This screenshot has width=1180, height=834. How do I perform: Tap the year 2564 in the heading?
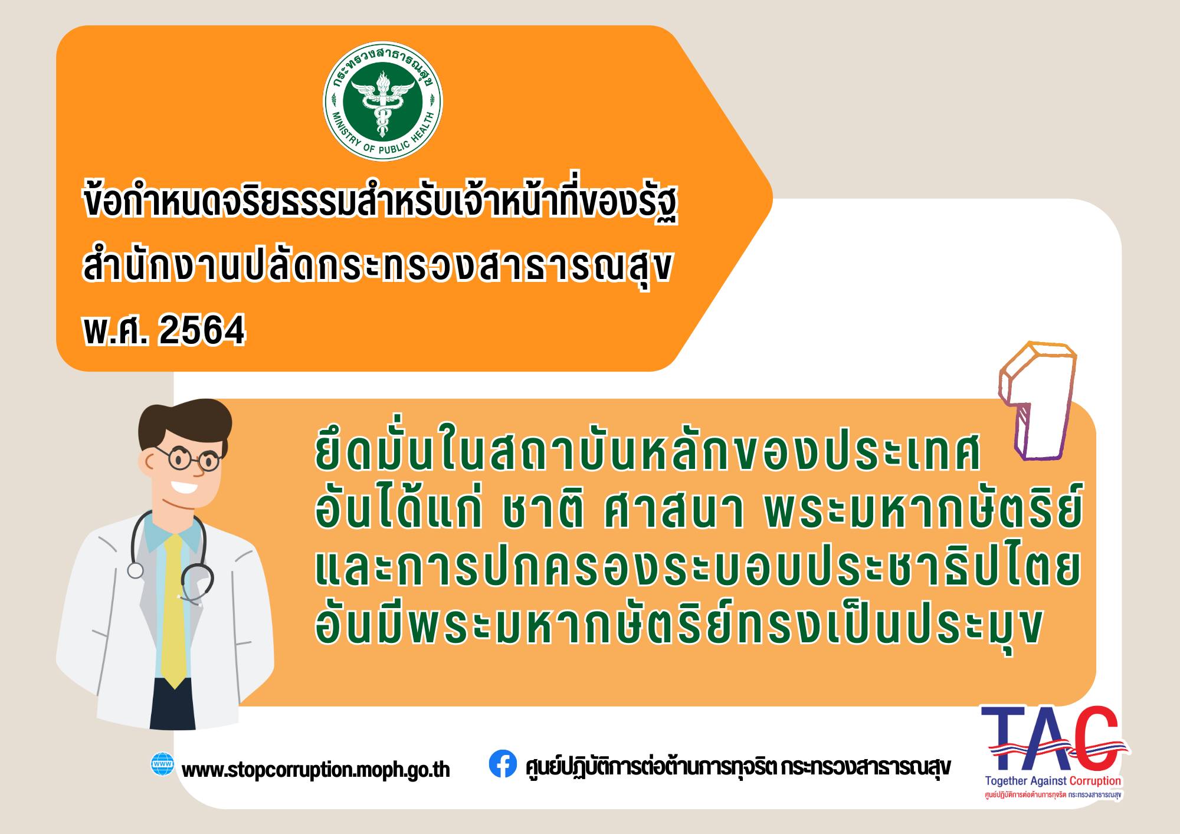pyautogui.click(x=202, y=331)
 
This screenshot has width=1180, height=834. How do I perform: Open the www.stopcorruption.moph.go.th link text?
pyautogui.click(x=316, y=770)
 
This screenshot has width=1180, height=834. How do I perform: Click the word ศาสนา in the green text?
pyautogui.click(x=673, y=514)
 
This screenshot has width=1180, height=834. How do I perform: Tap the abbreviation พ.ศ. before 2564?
pyautogui.click(x=116, y=331)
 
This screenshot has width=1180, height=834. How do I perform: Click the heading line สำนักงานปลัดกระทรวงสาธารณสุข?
pyautogui.click(x=378, y=269)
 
